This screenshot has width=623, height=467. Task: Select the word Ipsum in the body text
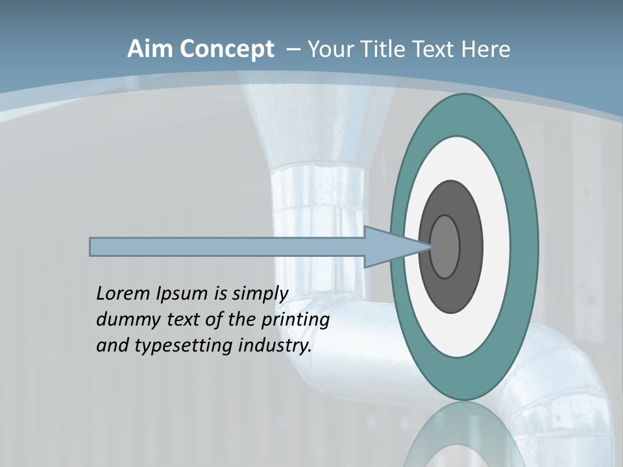tap(182, 294)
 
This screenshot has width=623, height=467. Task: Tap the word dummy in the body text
tap(123, 320)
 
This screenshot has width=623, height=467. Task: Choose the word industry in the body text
tap(275, 346)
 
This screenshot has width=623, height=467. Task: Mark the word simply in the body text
tap(260, 294)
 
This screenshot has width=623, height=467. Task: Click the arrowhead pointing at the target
tap(396, 247)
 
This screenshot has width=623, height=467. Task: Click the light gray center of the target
tap(445, 247)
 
